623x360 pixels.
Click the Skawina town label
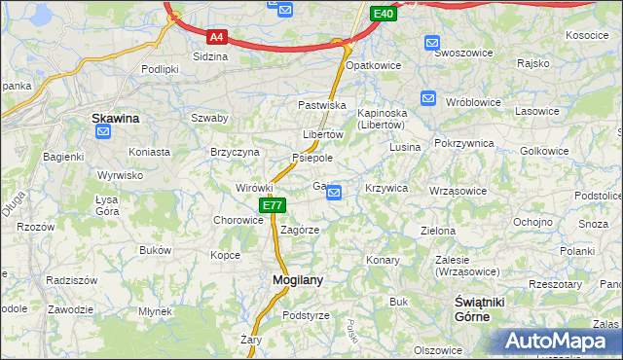coord(115,119)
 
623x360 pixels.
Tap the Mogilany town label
coord(296,279)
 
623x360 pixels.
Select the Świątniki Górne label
coord(481,310)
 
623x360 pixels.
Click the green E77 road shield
coord(273,206)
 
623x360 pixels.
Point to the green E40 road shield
coord(384,14)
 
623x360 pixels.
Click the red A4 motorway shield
coord(217,38)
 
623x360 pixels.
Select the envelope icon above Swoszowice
coord(431,42)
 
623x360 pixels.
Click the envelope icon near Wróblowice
coord(428,98)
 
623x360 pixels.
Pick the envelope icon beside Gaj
coord(334,194)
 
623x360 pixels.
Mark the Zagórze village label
coord(300,231)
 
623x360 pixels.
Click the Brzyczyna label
coord(235,152)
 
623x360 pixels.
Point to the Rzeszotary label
coord(556,284)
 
